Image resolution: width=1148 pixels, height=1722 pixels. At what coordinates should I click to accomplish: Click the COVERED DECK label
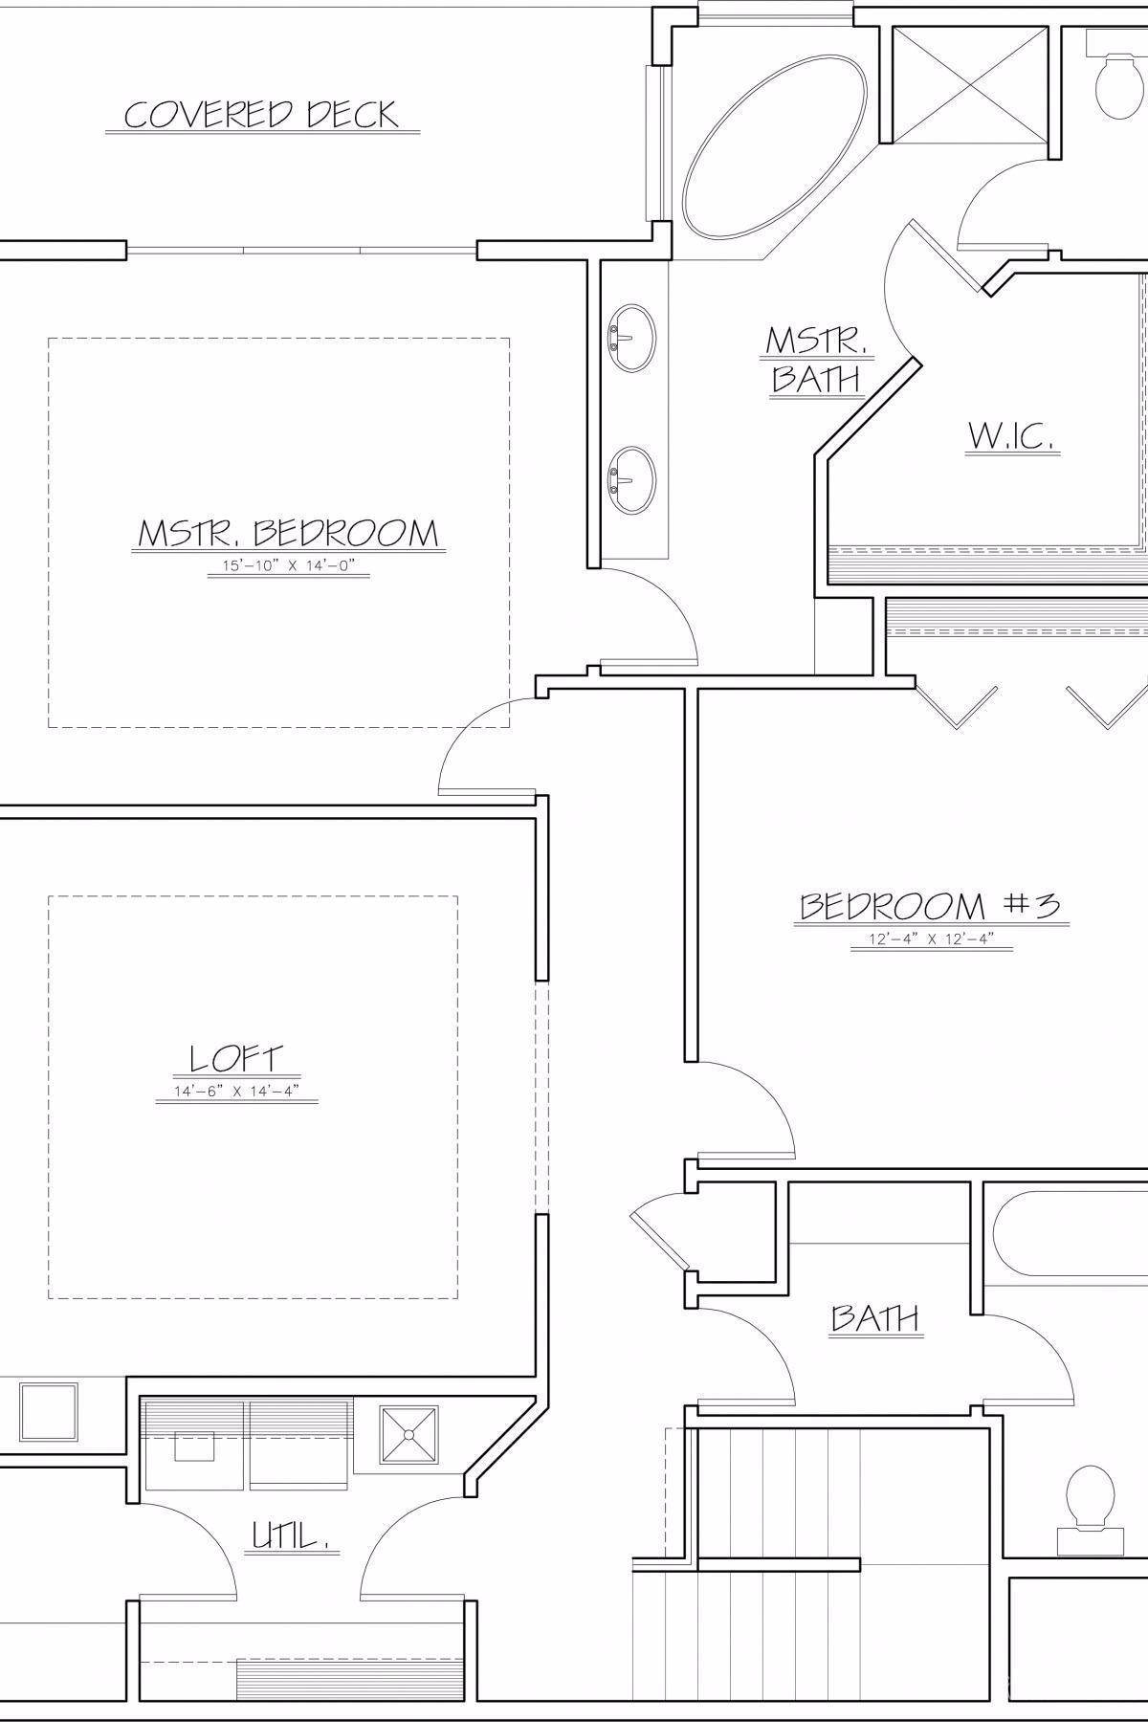coord(261,115)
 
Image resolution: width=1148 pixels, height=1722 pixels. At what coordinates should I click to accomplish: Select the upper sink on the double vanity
coord(632,337)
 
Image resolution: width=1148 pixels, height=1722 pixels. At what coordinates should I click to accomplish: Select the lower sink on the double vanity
coord(632,480)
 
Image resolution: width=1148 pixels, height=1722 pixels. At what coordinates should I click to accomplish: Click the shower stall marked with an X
coord(972,84)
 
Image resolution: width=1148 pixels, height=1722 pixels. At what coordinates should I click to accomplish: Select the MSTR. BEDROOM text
coord(288,533)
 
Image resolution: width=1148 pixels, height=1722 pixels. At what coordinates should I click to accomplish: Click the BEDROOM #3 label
coord(930,906)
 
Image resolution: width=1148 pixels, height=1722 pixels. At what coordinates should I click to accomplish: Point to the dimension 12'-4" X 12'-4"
coord(930,939)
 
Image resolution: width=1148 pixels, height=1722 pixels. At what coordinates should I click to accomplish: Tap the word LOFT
coord(236,1058)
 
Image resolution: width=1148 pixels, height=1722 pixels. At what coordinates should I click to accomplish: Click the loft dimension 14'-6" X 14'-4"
coord(236,1093)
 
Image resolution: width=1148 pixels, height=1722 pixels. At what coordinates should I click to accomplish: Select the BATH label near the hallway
coord(874,1319)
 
